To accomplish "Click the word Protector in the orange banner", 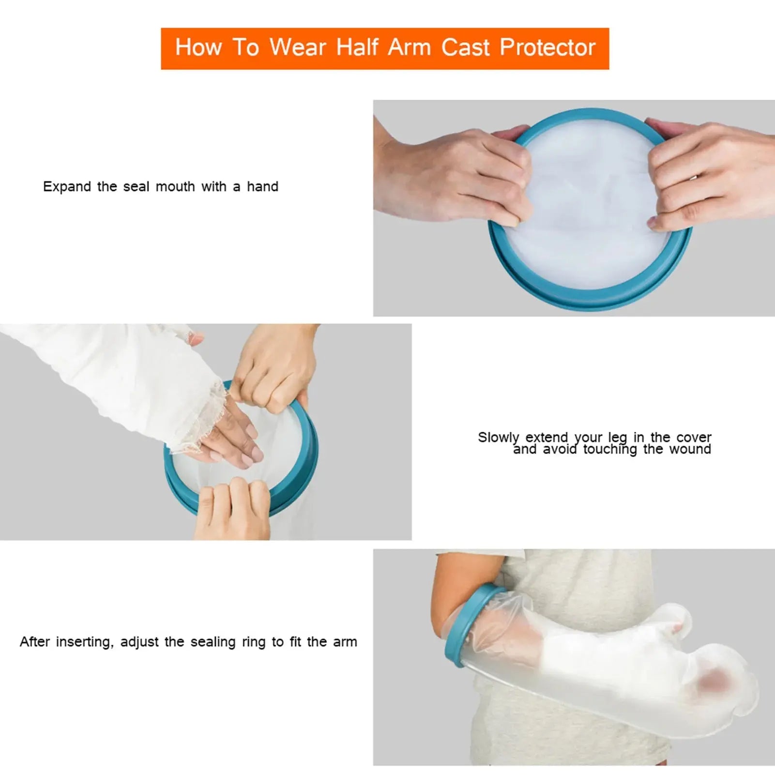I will point(547,48).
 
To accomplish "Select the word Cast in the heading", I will point(465,48).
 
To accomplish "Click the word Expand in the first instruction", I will point(67,187).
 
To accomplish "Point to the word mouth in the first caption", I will point(175,187).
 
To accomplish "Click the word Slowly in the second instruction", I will point(498,438).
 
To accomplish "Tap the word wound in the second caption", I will point(690,450).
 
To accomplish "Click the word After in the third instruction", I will point(34,642).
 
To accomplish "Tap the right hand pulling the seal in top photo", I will point(707,174).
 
